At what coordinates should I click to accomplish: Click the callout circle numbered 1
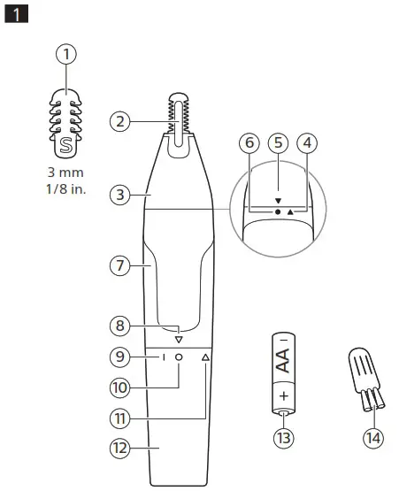(x=66, y=54)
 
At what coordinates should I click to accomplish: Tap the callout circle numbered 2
(x=121, y=121)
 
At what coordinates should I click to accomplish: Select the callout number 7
(x=121, y=264)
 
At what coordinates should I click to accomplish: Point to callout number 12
(x=121, y=449)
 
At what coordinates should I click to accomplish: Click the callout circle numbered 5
(x=278, y=141)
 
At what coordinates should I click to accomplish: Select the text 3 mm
(x=66, y=173)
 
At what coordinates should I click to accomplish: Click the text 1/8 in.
(x=66, y=189)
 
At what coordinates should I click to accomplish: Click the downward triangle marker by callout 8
(x=179, y=339)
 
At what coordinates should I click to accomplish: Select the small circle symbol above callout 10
(x=179, y=357)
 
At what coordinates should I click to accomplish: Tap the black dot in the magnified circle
(x=277, y=213)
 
